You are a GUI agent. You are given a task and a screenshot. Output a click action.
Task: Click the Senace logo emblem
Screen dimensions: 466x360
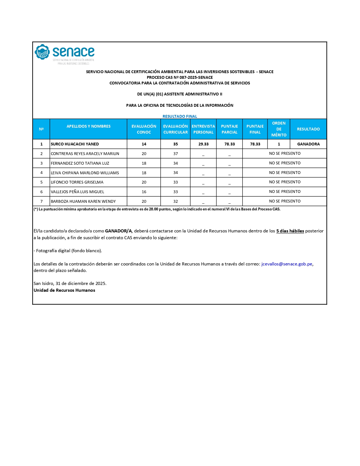(x=42, y=52)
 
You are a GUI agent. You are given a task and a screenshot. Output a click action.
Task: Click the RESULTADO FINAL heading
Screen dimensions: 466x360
(x=180, y=116)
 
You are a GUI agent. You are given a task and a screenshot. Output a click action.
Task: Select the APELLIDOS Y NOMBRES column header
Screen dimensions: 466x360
(x=88, y=126)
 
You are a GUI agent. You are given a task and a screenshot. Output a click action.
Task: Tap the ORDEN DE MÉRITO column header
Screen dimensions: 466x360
(x=279, y=129)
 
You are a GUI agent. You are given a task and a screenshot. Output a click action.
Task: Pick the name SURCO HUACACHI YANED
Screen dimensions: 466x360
(x=75, y=144)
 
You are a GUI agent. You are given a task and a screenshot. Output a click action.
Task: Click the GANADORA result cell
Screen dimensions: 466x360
(x=308, y=144)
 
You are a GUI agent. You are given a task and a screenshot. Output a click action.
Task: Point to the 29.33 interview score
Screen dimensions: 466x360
(x=203, y=144)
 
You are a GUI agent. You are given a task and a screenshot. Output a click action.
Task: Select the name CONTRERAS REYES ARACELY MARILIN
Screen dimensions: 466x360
(x=85, y=154)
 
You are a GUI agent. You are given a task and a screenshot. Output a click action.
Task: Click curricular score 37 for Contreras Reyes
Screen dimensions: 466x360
(x=175, y=154)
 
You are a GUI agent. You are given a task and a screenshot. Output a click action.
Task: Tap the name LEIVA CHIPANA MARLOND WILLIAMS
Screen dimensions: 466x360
(x=85, y=173)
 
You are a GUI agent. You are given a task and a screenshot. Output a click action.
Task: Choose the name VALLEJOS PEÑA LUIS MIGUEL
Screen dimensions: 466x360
(x=77, y=192)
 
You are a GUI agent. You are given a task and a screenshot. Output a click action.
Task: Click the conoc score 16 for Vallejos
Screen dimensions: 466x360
(x=144, y=192)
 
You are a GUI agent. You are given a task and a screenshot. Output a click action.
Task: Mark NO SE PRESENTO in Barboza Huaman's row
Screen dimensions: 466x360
(x=285, y=201)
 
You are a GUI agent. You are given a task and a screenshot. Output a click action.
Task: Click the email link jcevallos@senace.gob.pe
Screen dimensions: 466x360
(x=287, y=264)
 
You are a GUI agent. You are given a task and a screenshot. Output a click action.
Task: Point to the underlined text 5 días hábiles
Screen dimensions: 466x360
(x=290, y=231)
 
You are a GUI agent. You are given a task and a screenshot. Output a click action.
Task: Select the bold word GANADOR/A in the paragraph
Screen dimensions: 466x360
(x=118, y=231)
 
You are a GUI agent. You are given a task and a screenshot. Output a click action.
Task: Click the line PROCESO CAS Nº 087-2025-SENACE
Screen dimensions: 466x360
(x=180, y=77)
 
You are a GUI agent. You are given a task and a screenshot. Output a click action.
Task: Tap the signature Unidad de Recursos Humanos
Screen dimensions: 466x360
(x=64, y=290)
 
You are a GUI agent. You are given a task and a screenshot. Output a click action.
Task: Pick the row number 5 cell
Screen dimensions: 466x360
(x=42, y=182)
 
